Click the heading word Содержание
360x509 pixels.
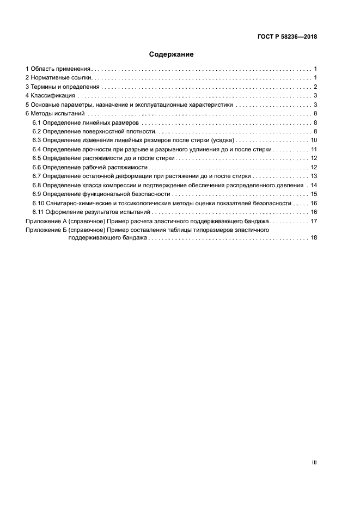172,54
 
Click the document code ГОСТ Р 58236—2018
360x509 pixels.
287,37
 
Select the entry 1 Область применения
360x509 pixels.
58,69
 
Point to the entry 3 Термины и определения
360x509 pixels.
63,87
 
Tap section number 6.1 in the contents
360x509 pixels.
37,122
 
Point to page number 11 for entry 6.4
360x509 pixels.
314,149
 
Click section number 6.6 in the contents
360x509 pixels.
37,167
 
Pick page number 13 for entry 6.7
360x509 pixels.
314,176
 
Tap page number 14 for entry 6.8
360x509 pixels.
314,185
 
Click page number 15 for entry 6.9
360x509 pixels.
314,193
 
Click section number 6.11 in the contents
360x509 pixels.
39,211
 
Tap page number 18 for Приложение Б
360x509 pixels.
314,238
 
